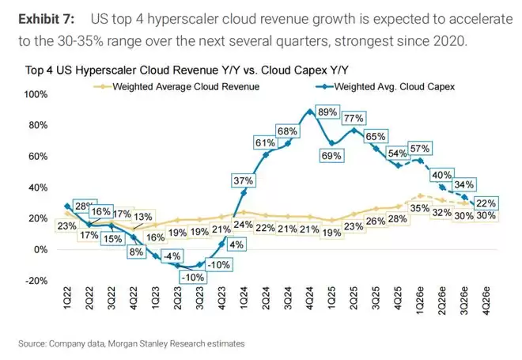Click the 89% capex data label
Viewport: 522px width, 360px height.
tap(327, 113)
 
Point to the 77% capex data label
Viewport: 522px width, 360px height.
tap(354, 119)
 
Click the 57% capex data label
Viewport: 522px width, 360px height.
tap(420, 149)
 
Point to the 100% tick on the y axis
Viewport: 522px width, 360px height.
tap(38, 95)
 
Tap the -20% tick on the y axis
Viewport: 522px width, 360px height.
tap(38, 280)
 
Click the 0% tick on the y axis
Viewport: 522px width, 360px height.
tap(42, 249)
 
